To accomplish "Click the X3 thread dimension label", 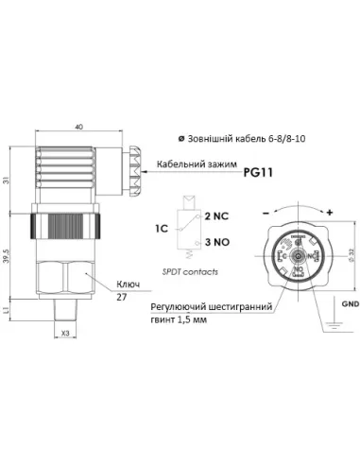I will pos(64,333).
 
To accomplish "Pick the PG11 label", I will pos(258,173).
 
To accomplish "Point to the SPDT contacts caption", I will pos(192,271).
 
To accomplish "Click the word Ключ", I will pos(129,283).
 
